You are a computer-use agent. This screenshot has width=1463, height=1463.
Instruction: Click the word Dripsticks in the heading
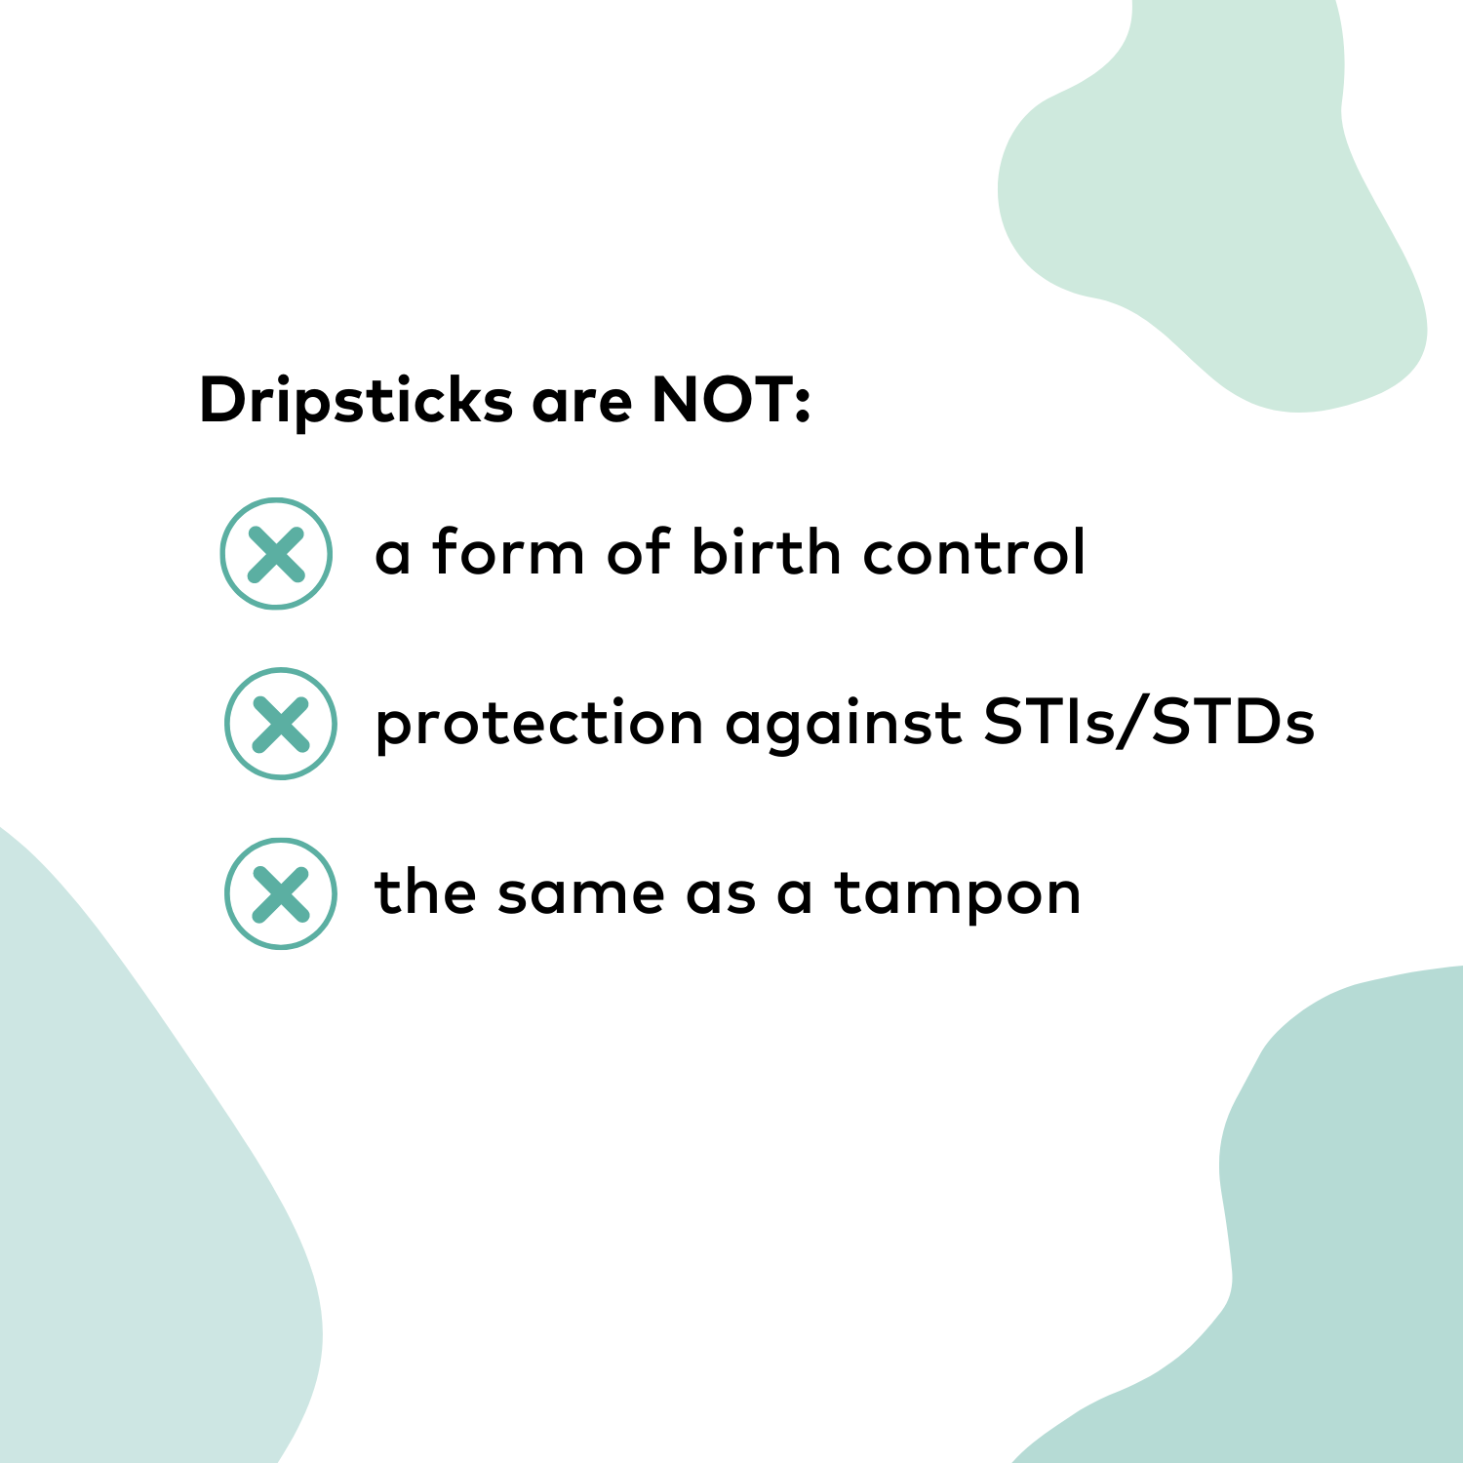[355, 401]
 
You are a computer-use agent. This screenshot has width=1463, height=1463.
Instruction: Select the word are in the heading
[581, 403]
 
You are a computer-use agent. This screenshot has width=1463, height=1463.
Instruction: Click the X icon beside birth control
[276, 554]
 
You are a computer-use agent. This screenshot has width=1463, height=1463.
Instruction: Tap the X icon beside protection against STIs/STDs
[281, 724]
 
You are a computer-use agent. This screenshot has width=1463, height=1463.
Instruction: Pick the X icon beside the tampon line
[281, 893]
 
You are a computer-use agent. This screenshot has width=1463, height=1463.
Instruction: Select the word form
[508, 552]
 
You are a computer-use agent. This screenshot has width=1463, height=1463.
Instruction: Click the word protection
[538, 725]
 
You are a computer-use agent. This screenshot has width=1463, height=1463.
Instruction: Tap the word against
[844, 725]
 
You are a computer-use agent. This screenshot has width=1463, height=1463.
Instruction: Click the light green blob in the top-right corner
[1219, 195]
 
